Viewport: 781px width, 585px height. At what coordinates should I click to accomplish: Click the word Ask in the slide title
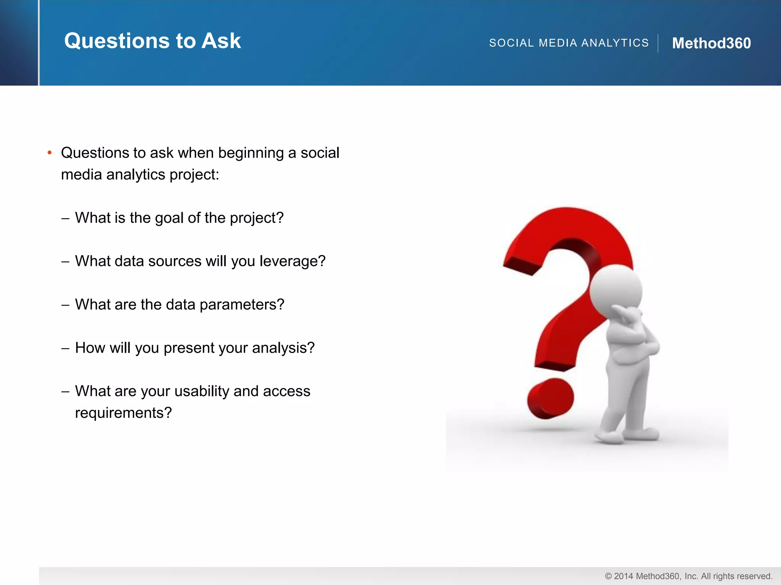coord(221,41)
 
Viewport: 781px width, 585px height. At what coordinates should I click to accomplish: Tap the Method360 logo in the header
coord(711,43)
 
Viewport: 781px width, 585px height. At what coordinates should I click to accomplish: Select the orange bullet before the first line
coord(50,153)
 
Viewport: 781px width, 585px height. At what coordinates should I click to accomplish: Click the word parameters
coord(242,305)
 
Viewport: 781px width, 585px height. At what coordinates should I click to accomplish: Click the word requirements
coord(123,413)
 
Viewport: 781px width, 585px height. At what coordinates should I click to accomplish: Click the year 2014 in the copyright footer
coord(624,576)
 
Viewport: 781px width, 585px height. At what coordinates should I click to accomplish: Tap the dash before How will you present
coord(65,348)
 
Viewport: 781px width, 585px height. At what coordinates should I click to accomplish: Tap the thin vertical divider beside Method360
coord(658,43)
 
